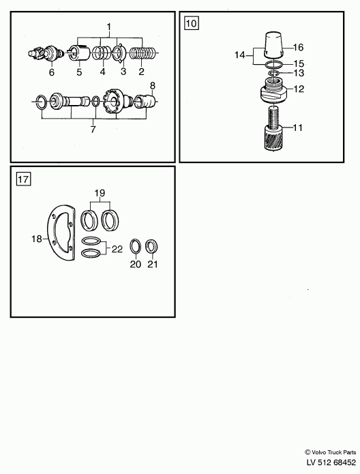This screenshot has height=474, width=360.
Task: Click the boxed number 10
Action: coord(192,23)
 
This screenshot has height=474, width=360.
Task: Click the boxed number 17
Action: coord(23,179)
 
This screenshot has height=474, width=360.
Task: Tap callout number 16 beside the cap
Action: coord(298,48)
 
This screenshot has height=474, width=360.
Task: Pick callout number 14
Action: coord(240,55)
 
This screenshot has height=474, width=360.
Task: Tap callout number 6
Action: coord(52,72)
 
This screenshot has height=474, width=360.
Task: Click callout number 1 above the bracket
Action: coord(109,27)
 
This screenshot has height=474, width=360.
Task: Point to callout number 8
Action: coord(152,85)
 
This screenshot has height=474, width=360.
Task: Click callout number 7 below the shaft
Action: coord(93,129)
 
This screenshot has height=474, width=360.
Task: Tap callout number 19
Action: coord(100,192)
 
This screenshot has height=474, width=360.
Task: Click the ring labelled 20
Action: coord(136,246)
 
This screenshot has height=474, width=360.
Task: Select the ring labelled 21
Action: coord(152,246)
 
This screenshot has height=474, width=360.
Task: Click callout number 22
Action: coord(117,249)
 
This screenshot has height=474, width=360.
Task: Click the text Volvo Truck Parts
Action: coord(333,453)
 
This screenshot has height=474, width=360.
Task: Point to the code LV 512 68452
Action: coord(331,462)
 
